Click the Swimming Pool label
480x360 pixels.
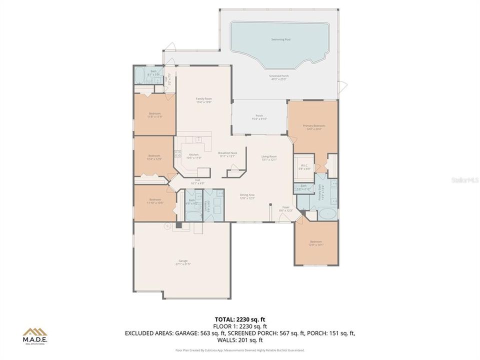[x=280, y=39]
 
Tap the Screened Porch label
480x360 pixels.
[x=279, y=77]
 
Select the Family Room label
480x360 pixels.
[x=203, y=100]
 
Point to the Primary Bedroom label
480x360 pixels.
[x=313, y=127]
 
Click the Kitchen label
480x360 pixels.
[x=193, y=156]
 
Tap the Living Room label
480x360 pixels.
[x=269, y=158]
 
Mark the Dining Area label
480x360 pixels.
[x=247, y=196]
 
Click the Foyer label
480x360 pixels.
[x=286, y=208]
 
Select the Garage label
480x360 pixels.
[x=183, y=262]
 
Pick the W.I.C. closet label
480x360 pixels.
[x=304, y=167]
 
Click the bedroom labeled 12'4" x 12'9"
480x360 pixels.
[x=154, y=157]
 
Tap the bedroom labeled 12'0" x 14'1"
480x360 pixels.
[x=316, y=243]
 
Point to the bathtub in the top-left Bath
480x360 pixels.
[x=139, y=76]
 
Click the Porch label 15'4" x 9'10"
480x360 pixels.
[x=259, y=117]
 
